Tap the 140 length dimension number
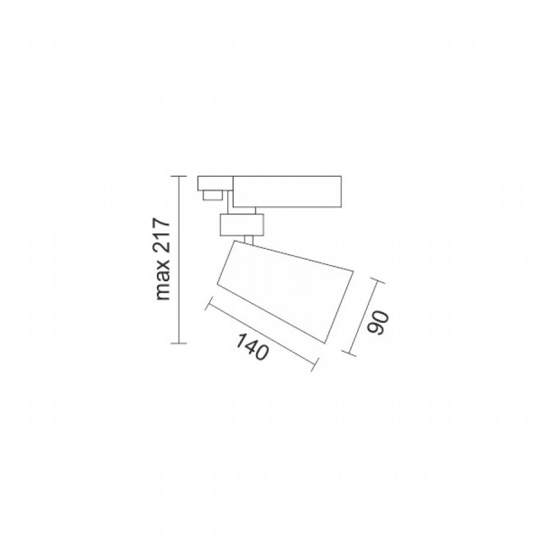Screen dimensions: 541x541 click(x=252, y=346)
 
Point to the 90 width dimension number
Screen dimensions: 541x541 click(x=378, y=323)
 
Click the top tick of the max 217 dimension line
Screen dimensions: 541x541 click(x=179, y=176)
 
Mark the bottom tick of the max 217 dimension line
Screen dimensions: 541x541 click(x=179, y=344)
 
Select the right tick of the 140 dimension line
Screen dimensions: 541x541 click(x=313, y=364)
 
